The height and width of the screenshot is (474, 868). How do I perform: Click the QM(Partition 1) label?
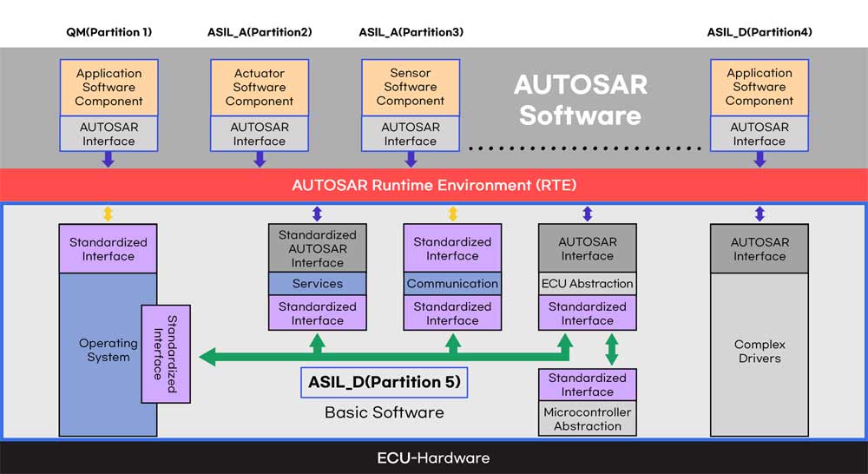point(109,32)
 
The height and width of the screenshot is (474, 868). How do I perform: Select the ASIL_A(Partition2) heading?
point(260,32)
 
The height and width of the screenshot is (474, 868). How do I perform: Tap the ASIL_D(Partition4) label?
point(759,32)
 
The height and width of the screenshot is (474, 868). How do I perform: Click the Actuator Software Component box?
point(260,88)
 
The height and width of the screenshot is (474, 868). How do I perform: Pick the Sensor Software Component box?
point(411,88)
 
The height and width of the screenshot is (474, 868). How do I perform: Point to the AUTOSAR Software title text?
point(580,100)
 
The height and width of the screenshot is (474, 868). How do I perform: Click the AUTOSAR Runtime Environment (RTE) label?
point(434,185)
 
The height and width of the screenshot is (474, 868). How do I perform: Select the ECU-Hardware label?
point(433,458)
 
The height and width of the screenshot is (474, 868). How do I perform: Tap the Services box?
point(317,284)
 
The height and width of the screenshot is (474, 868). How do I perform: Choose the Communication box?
point(452,284)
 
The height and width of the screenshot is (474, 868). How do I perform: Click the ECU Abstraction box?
point(588,284)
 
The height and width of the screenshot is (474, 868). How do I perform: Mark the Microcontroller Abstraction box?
point(588,419)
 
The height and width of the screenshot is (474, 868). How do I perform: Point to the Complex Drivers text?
point(759,351)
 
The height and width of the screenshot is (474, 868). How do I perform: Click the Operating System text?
point(108,350)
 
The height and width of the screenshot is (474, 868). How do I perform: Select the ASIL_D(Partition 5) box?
point(385,382)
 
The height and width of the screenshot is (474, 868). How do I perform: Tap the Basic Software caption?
point(385,412)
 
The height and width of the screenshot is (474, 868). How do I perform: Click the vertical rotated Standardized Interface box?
point(166,354)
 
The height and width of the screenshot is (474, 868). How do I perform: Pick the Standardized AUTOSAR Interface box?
point(317,248)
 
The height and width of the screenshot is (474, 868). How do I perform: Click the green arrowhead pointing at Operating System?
point(207,357)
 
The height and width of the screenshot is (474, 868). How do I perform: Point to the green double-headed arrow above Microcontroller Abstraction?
point(612,349)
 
